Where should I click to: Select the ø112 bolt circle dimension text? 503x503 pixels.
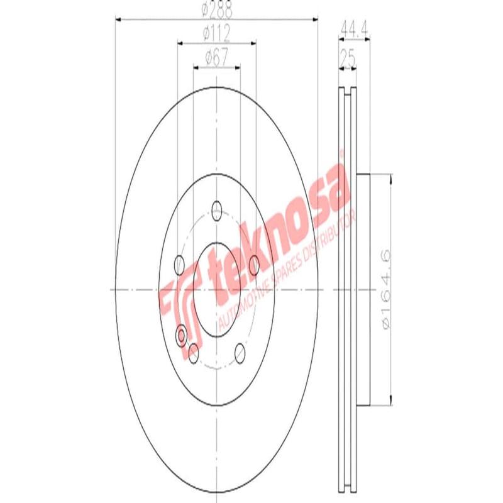click(x=216, y=33)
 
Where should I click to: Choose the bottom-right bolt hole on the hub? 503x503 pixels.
click(x=240, y=353)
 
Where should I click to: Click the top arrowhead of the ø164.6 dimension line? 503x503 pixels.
click(x=391, y=178)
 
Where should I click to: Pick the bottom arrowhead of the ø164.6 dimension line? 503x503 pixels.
click(x=391, y=402)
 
